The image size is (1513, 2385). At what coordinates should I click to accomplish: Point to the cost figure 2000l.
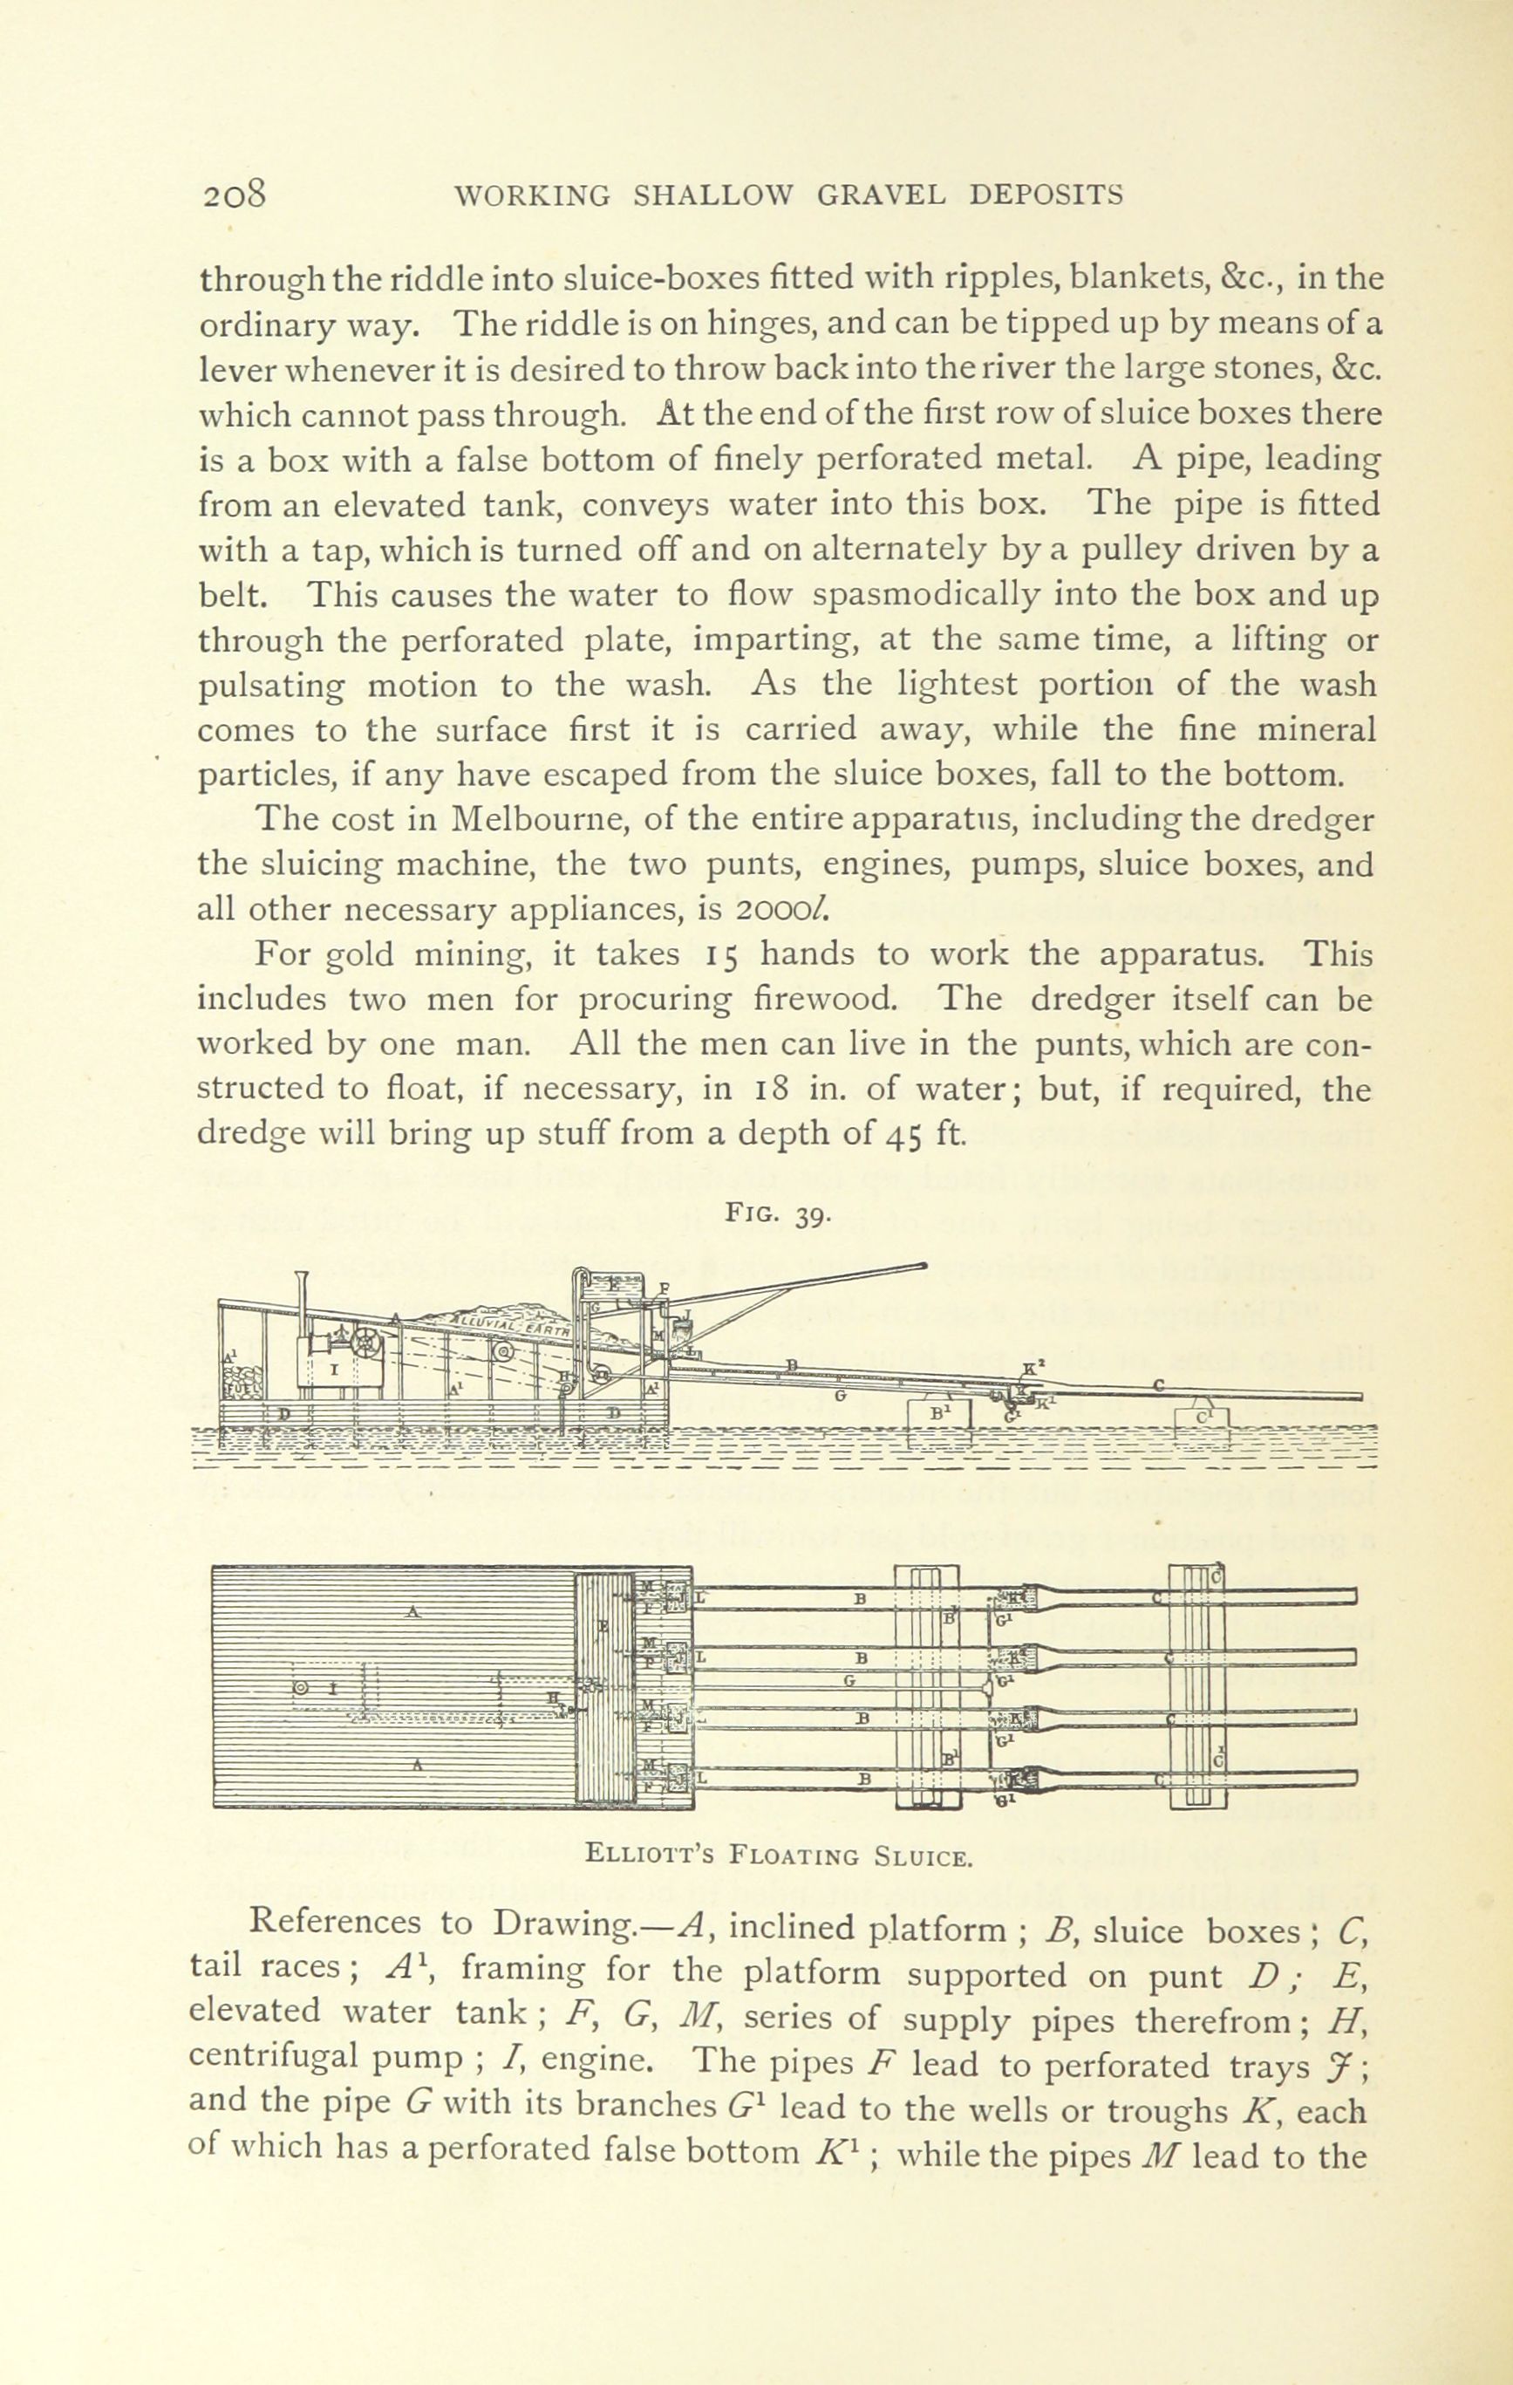(789, 908)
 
